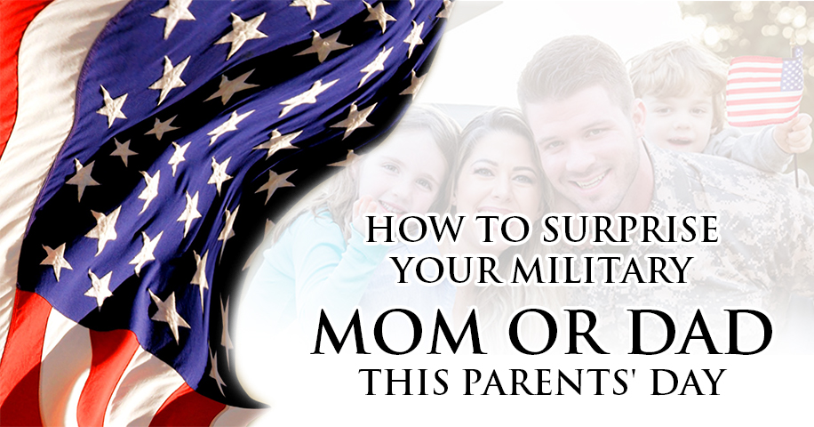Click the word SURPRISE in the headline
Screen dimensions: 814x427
pos(630,230)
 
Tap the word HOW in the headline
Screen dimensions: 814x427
pos(403,230)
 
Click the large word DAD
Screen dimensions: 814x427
pos(701,331)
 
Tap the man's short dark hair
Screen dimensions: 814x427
pos(571,68)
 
